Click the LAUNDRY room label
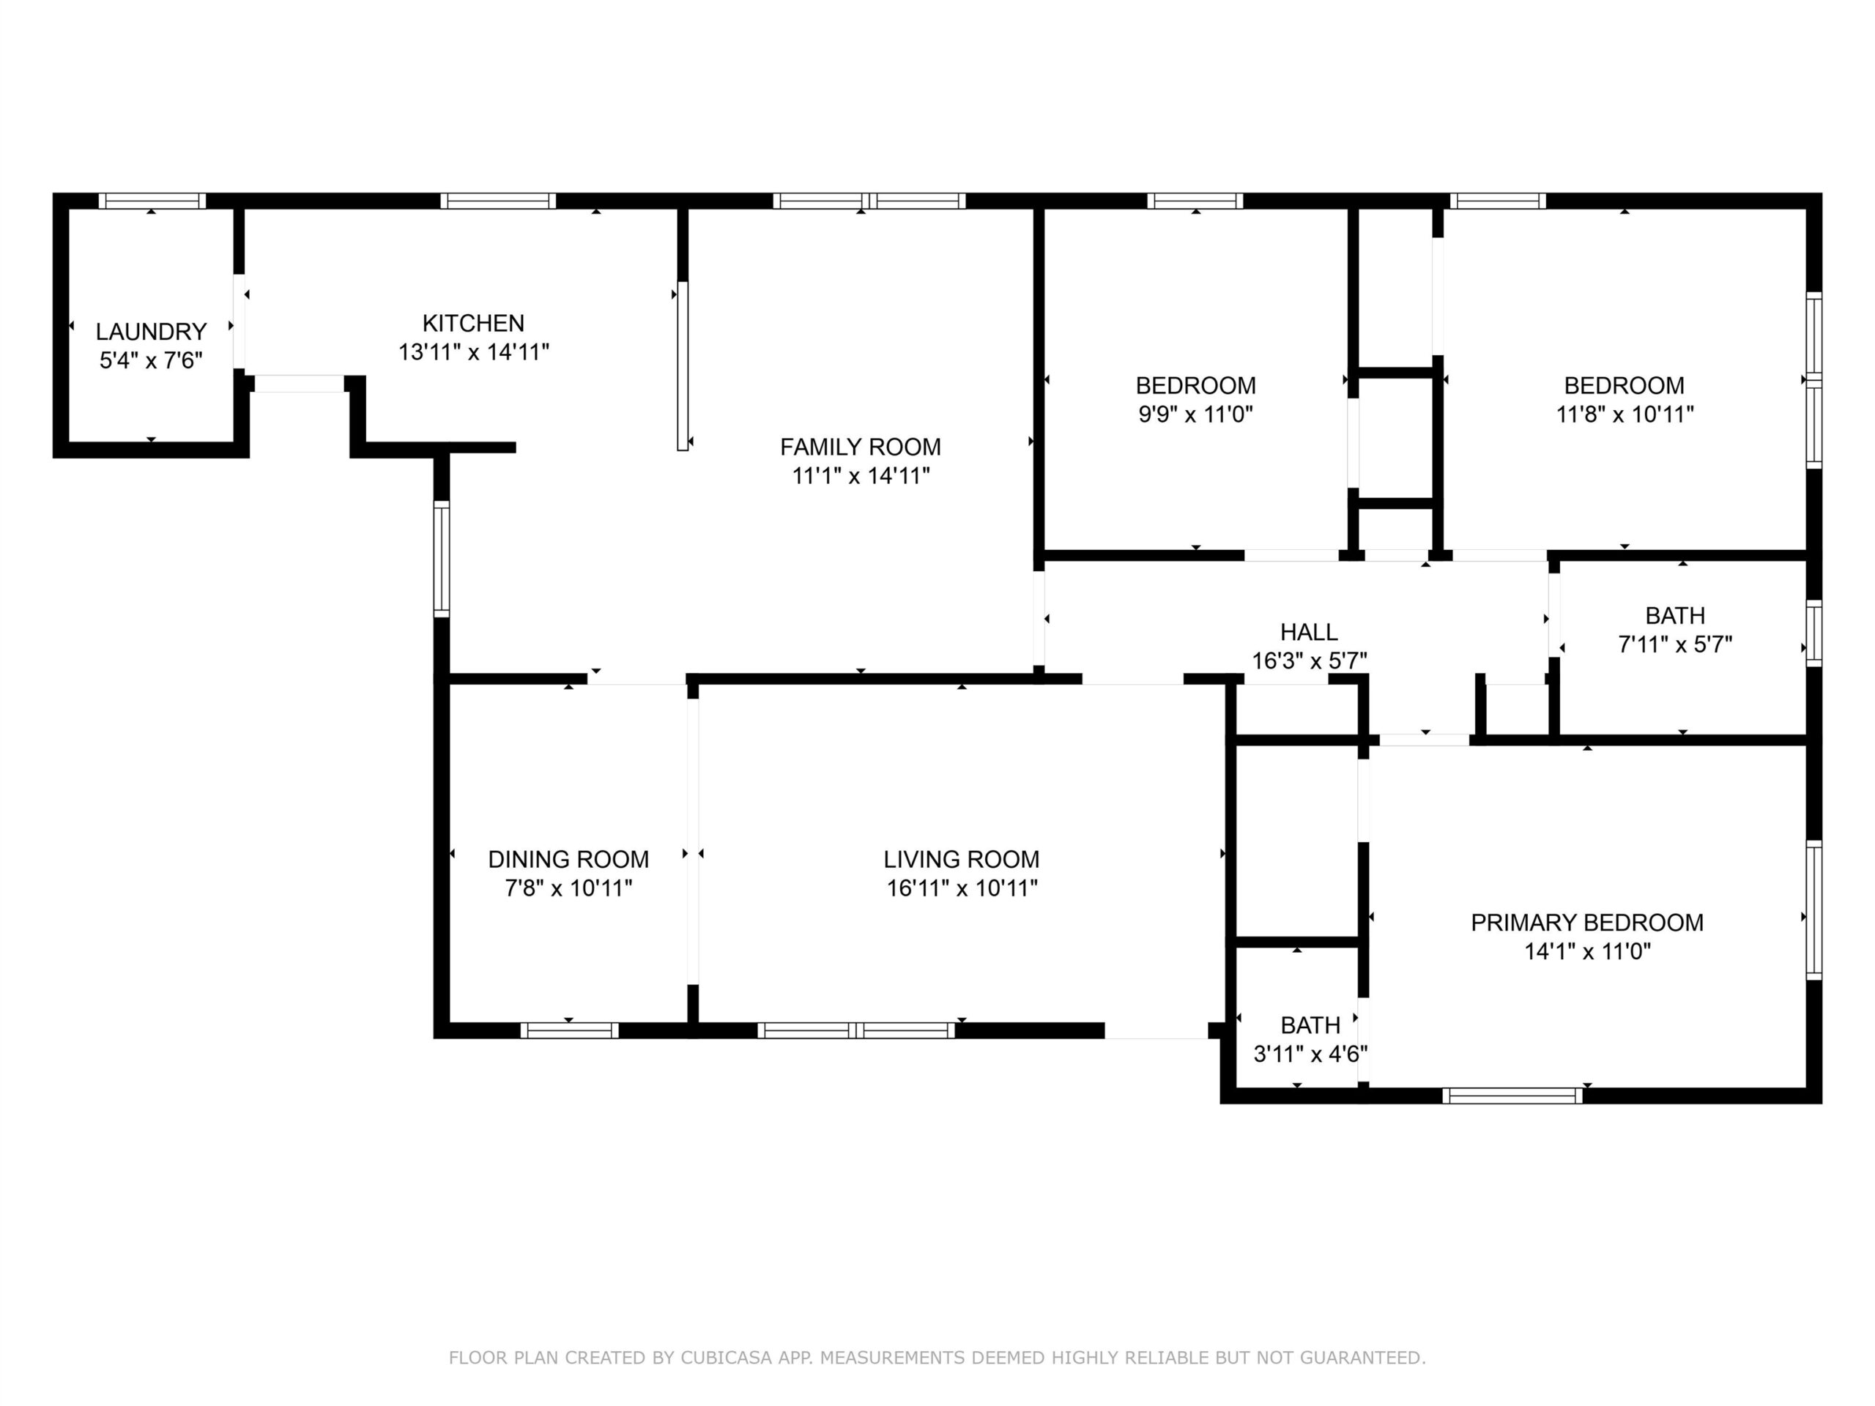coord(151,332)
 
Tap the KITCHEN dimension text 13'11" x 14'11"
coord(474,351)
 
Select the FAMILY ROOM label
coord(861,447)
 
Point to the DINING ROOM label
coord(569,860)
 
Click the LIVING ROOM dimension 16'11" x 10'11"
coord(962,888)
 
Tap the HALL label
coord(1310,631)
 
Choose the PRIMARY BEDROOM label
coord(1588,922)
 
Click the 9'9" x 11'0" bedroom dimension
coord(1196,414)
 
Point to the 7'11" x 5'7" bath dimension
coord(1676,644)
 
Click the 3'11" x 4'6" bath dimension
coord(1310,1054)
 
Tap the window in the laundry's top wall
coord(152,201)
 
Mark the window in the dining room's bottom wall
coord(570,1030)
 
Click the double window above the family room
coord(869,201)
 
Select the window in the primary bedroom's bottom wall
coord(1513,1095)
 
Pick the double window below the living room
coord(856,1030)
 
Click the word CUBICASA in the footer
coord(727,1358)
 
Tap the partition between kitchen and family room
coord(683,365)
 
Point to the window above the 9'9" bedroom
coord(1195,201)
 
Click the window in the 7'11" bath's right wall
coord(1814,633)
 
